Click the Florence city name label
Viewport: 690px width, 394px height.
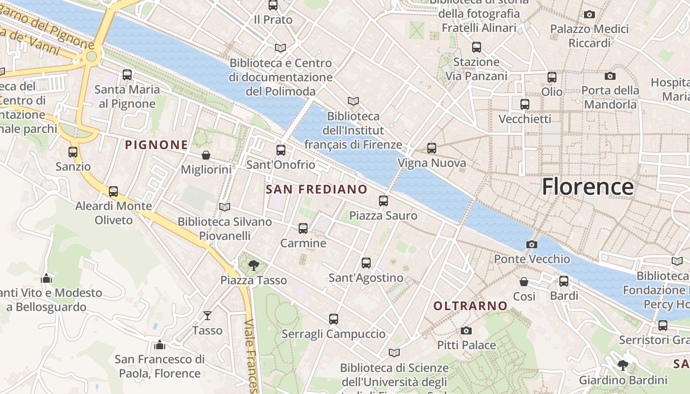click(587, 187)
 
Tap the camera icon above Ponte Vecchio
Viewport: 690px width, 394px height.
click(531, 244)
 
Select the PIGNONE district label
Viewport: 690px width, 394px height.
click(156, 145)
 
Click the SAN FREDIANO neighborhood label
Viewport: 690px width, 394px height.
click(316, 189)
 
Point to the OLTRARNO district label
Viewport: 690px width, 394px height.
click(470, 306)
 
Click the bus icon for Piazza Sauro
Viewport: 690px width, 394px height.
click(383, 201)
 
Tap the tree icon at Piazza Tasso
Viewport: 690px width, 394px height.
click(254, 265)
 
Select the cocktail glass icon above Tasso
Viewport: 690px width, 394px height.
click(207, 315)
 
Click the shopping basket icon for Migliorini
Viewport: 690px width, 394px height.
click(206, 155)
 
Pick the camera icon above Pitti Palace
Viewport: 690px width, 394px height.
click(466, 330)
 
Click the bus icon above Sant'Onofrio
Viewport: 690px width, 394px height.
click(281, 150)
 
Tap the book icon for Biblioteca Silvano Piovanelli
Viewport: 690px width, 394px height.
click(225, 207)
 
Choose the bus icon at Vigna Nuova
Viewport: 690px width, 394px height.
click(432, 148)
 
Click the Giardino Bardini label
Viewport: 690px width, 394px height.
click(623, 380)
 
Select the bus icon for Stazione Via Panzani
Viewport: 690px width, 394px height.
click(477, 47)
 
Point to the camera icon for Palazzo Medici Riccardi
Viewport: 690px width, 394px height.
click(589, 14)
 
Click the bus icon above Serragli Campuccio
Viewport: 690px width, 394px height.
click(334, 319)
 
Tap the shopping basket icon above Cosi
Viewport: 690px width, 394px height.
click(524, 282)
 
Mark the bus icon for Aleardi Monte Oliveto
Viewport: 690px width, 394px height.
click(113, 192)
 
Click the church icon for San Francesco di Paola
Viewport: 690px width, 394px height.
click(159, 345)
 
